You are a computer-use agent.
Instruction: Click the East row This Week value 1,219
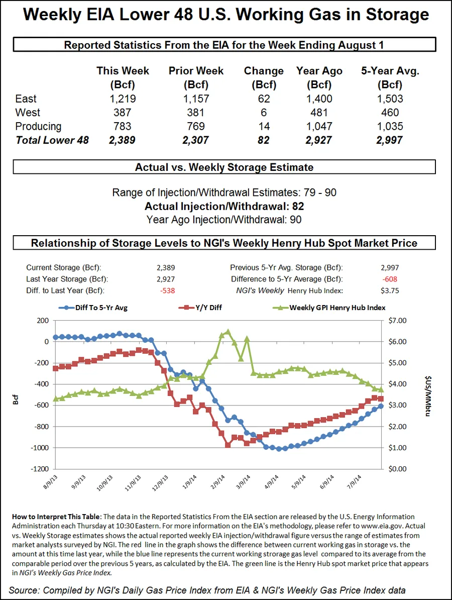(123, 99)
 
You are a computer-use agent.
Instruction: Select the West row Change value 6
(264, 113)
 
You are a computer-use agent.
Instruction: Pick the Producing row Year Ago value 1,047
(319, 126)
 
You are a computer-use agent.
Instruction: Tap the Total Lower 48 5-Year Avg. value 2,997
(389, 140)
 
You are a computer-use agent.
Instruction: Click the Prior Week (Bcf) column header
(196, 77)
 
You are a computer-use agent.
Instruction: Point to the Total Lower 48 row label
(52, 140)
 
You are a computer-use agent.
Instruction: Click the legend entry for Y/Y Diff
(200, 308)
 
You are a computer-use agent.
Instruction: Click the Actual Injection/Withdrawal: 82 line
(224, 206)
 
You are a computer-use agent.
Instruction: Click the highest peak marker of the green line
(228, 332)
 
